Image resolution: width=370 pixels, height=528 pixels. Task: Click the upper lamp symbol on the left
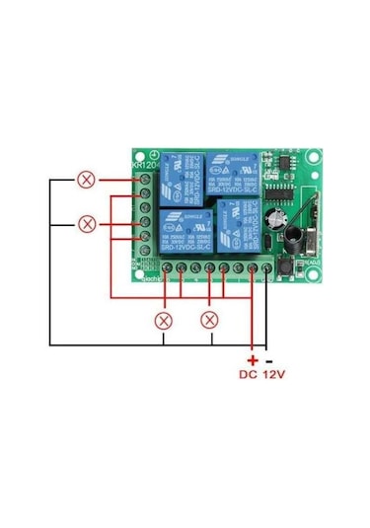pyautogui.click(x=88, y=180)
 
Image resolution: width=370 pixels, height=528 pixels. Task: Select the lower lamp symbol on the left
pyautogui.click(x=88, y=223)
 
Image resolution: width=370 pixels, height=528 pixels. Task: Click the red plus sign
pyautogui.click(x=253, y=361)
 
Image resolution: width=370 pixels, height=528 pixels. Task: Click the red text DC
pyautogui.click(x=251, y=376)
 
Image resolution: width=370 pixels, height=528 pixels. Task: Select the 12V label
pyautogui.click(x=277, y=376)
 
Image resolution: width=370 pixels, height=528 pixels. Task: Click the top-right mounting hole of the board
pyautogui.click(x=313, y=156)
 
